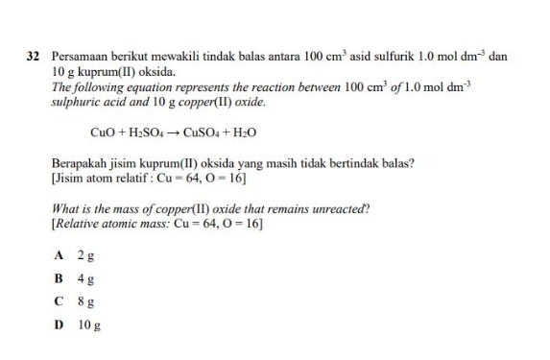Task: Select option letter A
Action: point(60,256)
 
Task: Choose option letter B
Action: point(60,279)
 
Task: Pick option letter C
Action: point(60,301)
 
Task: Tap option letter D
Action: point(60,324)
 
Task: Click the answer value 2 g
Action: point(84,257)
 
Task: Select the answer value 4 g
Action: point(84,280)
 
